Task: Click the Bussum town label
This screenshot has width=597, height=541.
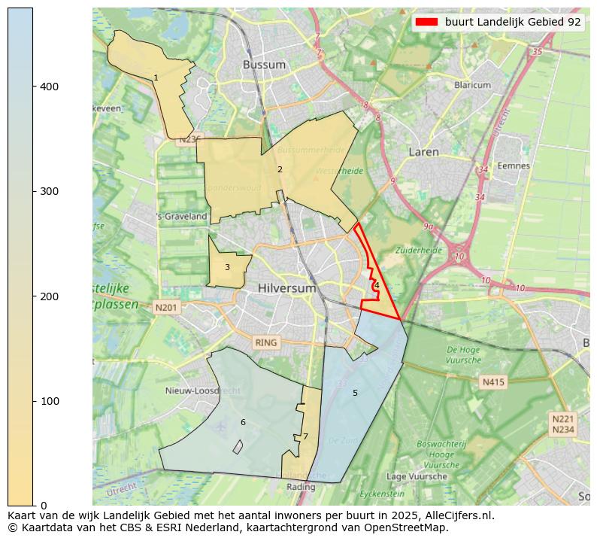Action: (x=264, y=65)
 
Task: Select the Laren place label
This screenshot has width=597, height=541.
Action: (x=423, y=152)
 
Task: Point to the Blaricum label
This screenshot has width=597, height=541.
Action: (x=472, y=86)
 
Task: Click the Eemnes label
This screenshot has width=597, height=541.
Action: (x=514, y=166)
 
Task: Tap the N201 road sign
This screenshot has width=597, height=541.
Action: (x=166, y=307)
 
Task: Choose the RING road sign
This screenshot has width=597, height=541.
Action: (x=266, y=342)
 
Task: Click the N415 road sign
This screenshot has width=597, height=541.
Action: (x=492, y=382)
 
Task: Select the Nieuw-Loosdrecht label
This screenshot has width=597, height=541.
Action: (x=203, y=391)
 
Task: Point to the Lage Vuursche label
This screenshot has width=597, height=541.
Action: (x=416, y=476)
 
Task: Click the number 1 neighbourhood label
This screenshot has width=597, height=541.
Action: (x=156, y=78)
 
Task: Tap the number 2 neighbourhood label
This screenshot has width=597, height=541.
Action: (x=280, y=169)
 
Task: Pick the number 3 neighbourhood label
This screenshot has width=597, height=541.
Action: (x=227, y=267)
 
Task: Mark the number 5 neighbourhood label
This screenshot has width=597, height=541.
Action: (x=355, y=393)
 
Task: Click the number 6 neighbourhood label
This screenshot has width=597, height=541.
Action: (x=243, y=422)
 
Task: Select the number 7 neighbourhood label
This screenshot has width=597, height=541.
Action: (x=305, y=436)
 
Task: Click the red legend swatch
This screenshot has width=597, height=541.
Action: (x=426, y=23)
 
